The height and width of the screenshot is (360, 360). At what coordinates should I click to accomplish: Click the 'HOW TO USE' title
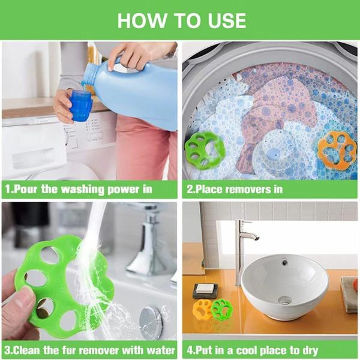(181, 20)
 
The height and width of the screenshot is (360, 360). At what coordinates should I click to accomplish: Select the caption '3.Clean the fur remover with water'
(90, 350)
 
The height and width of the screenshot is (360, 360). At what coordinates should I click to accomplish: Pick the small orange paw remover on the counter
(203, 309)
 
